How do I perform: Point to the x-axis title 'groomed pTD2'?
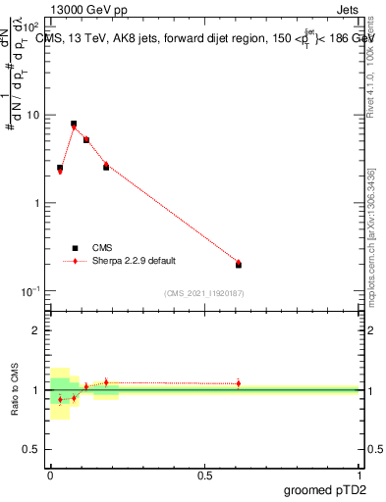tap(325, 488)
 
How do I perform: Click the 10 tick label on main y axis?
tap(33, 115)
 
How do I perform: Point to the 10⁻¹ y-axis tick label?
tap(30, 291)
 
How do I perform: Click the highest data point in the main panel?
tap(74, 125)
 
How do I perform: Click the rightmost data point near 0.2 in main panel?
tap(238, 264)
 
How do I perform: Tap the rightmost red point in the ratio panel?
tap(238, 383)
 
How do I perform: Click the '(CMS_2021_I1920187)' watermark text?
tap(204, 292)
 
